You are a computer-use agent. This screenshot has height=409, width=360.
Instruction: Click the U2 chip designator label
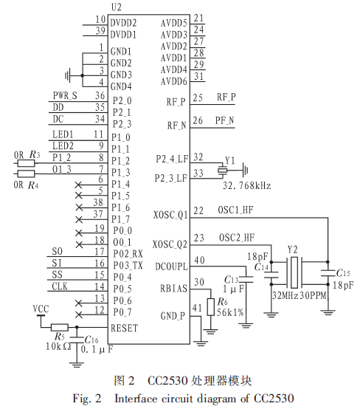pyautogui.click(x=117, y=7)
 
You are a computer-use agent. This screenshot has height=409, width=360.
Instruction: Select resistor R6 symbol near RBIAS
pyautogui.click(x=211, y=307)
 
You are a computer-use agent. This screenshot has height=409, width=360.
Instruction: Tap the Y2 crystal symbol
pyautogui.click(x=294, y=272)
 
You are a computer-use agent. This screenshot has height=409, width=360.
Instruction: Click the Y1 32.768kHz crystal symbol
pyautogui.click(x=222, y=171)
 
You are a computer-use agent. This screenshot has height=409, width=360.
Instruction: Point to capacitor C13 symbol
pyautogui.click(x=246, y=279)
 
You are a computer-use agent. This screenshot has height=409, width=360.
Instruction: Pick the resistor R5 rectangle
pyautogui.click(x=60, y=327)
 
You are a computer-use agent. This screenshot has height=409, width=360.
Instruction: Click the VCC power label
pyautogui.click(x=41, y=309)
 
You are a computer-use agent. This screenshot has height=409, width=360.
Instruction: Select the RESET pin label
pyautogui.click(x=125, y=328)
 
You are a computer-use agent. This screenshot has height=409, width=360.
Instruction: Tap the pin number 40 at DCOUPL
pyautogui.click(x=199, y=261)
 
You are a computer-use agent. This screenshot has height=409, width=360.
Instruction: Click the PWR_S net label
pyautogui.click(x=65, y=96)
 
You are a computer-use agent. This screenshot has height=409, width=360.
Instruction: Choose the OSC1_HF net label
pyautogui.click(x=235, y=210)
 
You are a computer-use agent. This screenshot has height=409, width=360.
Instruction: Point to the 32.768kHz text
pyautogui.click(x=246, y=185)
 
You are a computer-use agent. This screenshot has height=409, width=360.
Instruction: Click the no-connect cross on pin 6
pyautogui.click(x=78, y=185)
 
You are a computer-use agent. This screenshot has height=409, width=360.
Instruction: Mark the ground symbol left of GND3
pyautogui.click(x=68, y=75)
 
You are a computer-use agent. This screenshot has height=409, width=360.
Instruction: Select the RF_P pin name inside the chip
pyautogui.click(x=176, y=102)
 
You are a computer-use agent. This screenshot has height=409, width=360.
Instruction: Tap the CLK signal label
pyautogui.click(x=60, y=286)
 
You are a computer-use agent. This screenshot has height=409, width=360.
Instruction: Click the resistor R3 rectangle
pyautogui.click(x=26, y=164)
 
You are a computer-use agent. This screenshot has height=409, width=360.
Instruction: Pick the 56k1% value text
pyautogui.click(x=230, y=312)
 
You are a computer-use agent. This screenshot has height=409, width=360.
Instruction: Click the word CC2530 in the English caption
pyautogui.click(x=274, y=399)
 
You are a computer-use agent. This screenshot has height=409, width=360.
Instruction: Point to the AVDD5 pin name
pyautogui.click(x=174, y=23)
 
